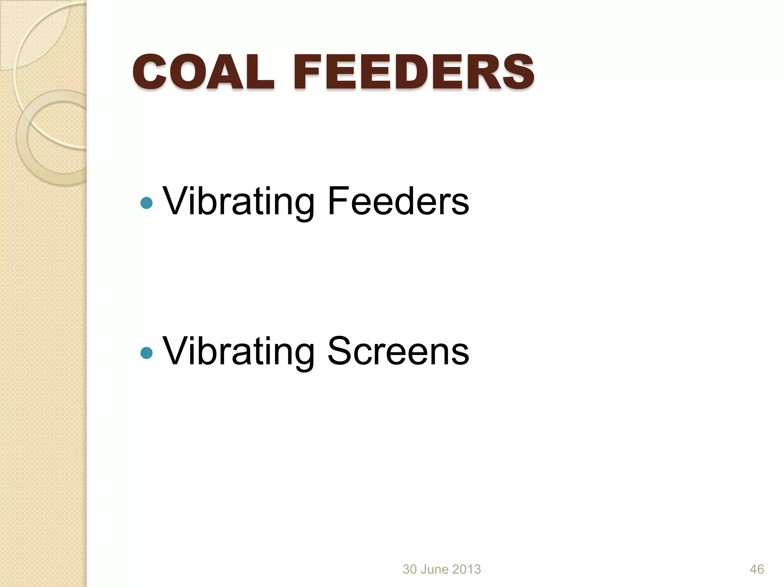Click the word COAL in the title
point(203,71)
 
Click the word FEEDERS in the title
point(414,71)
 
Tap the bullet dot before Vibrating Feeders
point(146,203)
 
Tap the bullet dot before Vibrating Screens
point(146,353)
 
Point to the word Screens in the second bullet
point(398,351)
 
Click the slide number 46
point(757,569)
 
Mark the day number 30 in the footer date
point(409,569)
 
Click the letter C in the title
point(149,71)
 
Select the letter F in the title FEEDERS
point(309,71)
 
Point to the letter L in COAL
point(260,71)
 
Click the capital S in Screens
point(340,351)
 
